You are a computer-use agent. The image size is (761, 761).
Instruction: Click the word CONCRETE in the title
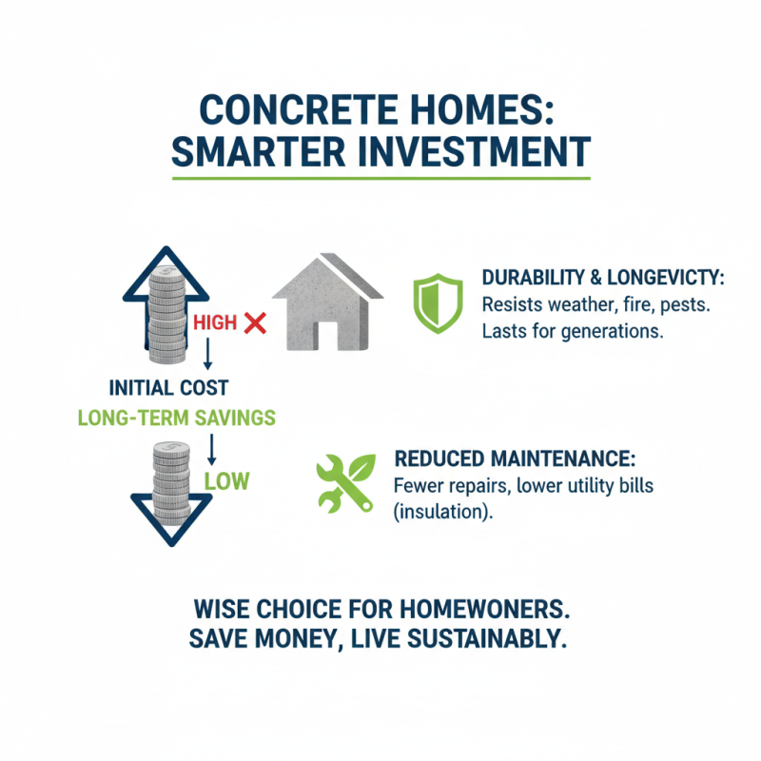tap(287, 109)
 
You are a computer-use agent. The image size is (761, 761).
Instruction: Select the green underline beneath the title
tap(380, 178)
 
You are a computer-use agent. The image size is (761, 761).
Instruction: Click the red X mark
tap(254, 323)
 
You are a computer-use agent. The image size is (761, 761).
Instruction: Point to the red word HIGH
tap(214, 323)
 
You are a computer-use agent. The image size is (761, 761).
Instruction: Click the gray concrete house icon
tap(326, 302)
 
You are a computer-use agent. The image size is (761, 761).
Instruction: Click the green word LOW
tap(226, 480)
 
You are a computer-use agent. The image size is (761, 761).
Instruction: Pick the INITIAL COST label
tap(169, 389)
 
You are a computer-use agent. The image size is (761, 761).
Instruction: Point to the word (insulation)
tap(440, 513)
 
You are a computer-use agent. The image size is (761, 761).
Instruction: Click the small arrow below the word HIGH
tap(206, 355)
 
